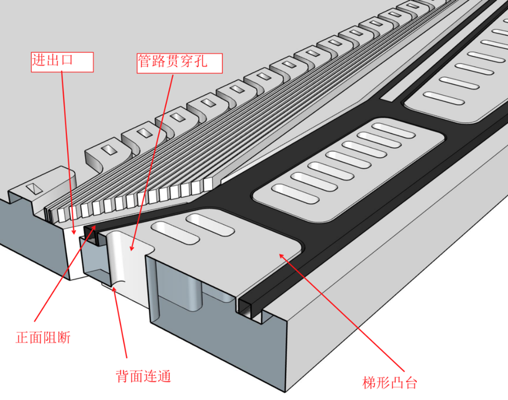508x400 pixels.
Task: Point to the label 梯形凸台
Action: [x=389, y=383]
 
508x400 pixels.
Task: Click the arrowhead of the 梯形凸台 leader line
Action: [x=281, y=255]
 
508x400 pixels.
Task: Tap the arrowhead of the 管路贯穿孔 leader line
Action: [x=132, y=249]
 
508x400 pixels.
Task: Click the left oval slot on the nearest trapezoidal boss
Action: [x=174, y=232]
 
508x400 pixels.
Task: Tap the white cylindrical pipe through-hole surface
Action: [x=125, y=259]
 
